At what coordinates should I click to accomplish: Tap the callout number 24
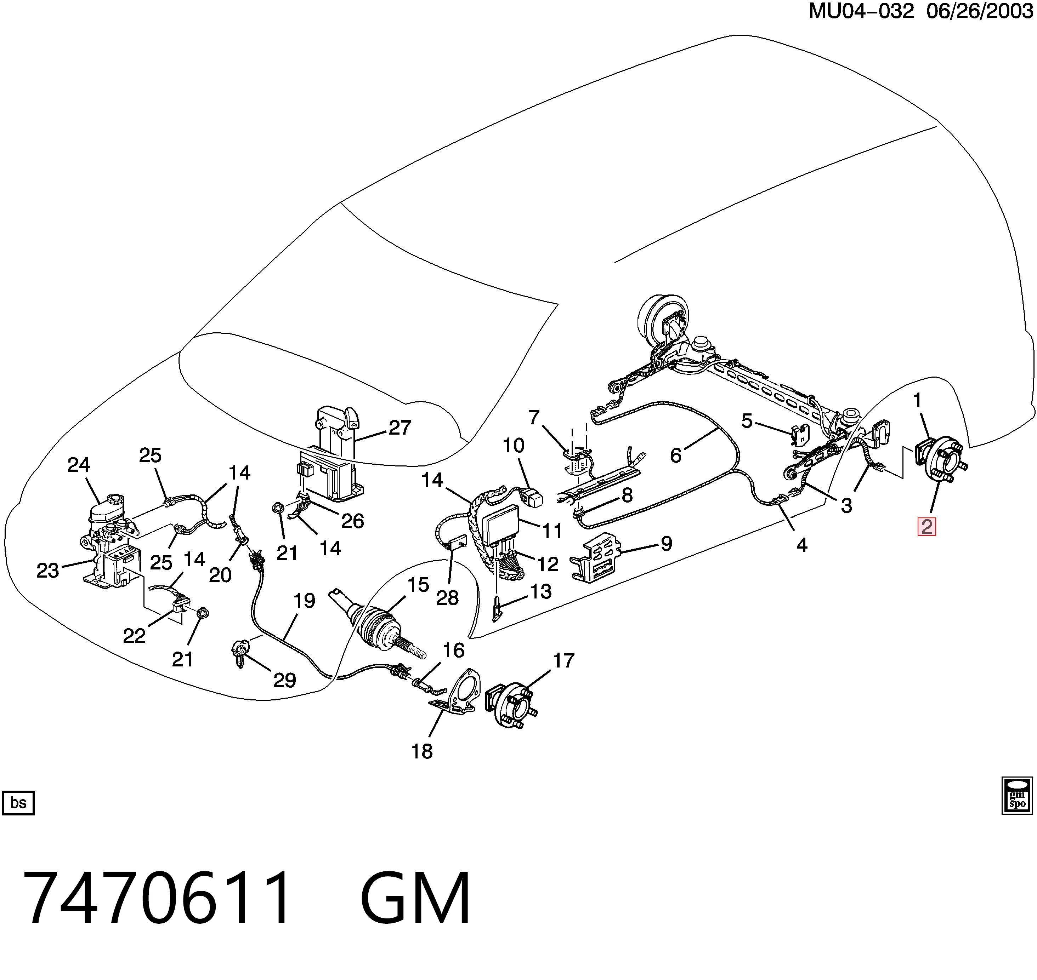[x=79, y=464]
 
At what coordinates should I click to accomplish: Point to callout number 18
[x=422, y=751]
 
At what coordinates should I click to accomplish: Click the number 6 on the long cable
[x=676, y=455]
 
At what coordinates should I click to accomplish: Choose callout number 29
[x=284, y=680]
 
